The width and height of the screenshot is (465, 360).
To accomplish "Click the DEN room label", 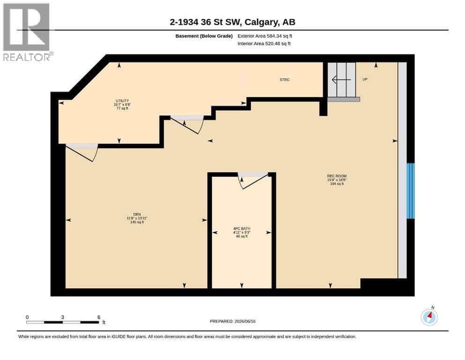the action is tap(137, 214).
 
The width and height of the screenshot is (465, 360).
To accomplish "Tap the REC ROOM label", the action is tap(337, 176).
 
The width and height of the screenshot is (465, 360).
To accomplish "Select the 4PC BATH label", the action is tap(242, 229).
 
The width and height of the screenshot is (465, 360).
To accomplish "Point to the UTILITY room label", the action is tap(122, 101).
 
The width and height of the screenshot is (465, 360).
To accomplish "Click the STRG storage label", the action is tap(285, 80).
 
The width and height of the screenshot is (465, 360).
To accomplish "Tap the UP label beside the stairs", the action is tap(365, 79).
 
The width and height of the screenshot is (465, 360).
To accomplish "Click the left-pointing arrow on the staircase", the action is tap(341, 80).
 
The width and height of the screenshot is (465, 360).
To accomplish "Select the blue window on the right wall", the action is tap(410, 191).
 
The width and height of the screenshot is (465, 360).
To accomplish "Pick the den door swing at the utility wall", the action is tap(82, 152).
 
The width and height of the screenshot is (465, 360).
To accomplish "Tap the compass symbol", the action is tap(429, 317).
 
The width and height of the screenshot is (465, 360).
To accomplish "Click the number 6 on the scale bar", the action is tap(99, 317).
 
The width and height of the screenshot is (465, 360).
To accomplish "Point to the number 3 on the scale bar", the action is tap(63, 317).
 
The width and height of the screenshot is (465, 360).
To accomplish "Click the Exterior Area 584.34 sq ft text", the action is tap(265, 36).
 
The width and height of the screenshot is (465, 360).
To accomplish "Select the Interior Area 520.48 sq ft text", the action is tap(264, 44).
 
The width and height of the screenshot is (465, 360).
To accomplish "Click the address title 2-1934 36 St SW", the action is tap(207, 22).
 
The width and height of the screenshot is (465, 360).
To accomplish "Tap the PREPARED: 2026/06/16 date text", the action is tap(232, 321).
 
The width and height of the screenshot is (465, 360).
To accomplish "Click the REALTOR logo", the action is tap(27, 32).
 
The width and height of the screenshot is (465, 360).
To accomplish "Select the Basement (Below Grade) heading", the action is tap(204, 36).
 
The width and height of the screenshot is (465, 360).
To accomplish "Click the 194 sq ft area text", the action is tap(337, 184).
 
